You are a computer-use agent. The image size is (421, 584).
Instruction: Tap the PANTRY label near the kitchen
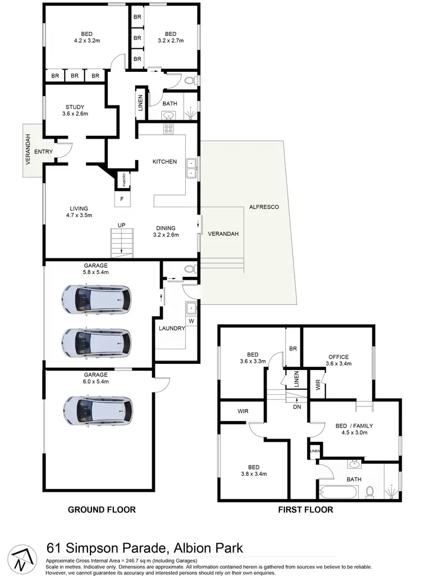click(123, 180)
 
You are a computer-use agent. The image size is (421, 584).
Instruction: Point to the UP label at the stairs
click(121, 225)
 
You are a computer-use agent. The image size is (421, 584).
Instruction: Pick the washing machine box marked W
click(192, 321)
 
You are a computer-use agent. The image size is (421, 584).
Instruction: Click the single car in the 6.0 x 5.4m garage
click(99, 412)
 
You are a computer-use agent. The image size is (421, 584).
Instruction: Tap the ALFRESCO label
click(264, 207)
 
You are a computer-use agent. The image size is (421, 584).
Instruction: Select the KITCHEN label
click(164, 162)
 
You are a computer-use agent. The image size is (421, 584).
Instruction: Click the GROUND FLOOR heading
click(102, 510)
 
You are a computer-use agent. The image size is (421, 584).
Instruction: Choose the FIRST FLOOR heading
click(305, 510)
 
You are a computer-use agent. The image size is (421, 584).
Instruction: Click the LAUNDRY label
click(171, 328)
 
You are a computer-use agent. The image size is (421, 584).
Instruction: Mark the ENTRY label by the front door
click(43, 152)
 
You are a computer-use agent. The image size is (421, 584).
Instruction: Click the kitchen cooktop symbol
click(168, 129)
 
